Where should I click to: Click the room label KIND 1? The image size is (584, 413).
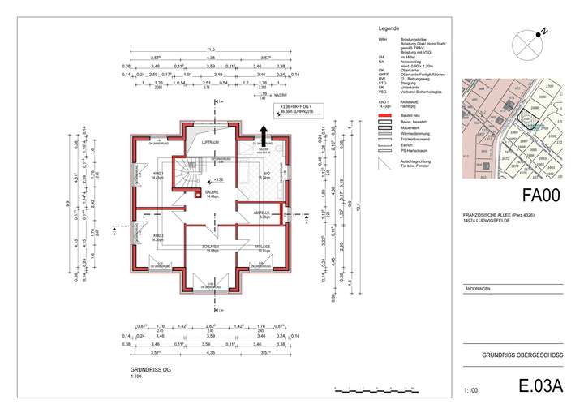(x=157, y=174)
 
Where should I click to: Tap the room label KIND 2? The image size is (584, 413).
(x=157, y=235)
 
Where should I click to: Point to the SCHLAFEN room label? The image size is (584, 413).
(x=213, y=247)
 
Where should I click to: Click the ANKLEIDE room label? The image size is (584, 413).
(x=264, y=247)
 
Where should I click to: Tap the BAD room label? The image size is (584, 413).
(x=267, y=174)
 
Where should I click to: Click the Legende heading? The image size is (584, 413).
(x=392, y=28)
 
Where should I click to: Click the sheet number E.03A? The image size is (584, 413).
(x=539, y=388)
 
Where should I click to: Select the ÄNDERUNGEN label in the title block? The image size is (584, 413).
(x=478, y=289)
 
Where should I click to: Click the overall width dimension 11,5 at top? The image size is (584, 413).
(x=210, y=49)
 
